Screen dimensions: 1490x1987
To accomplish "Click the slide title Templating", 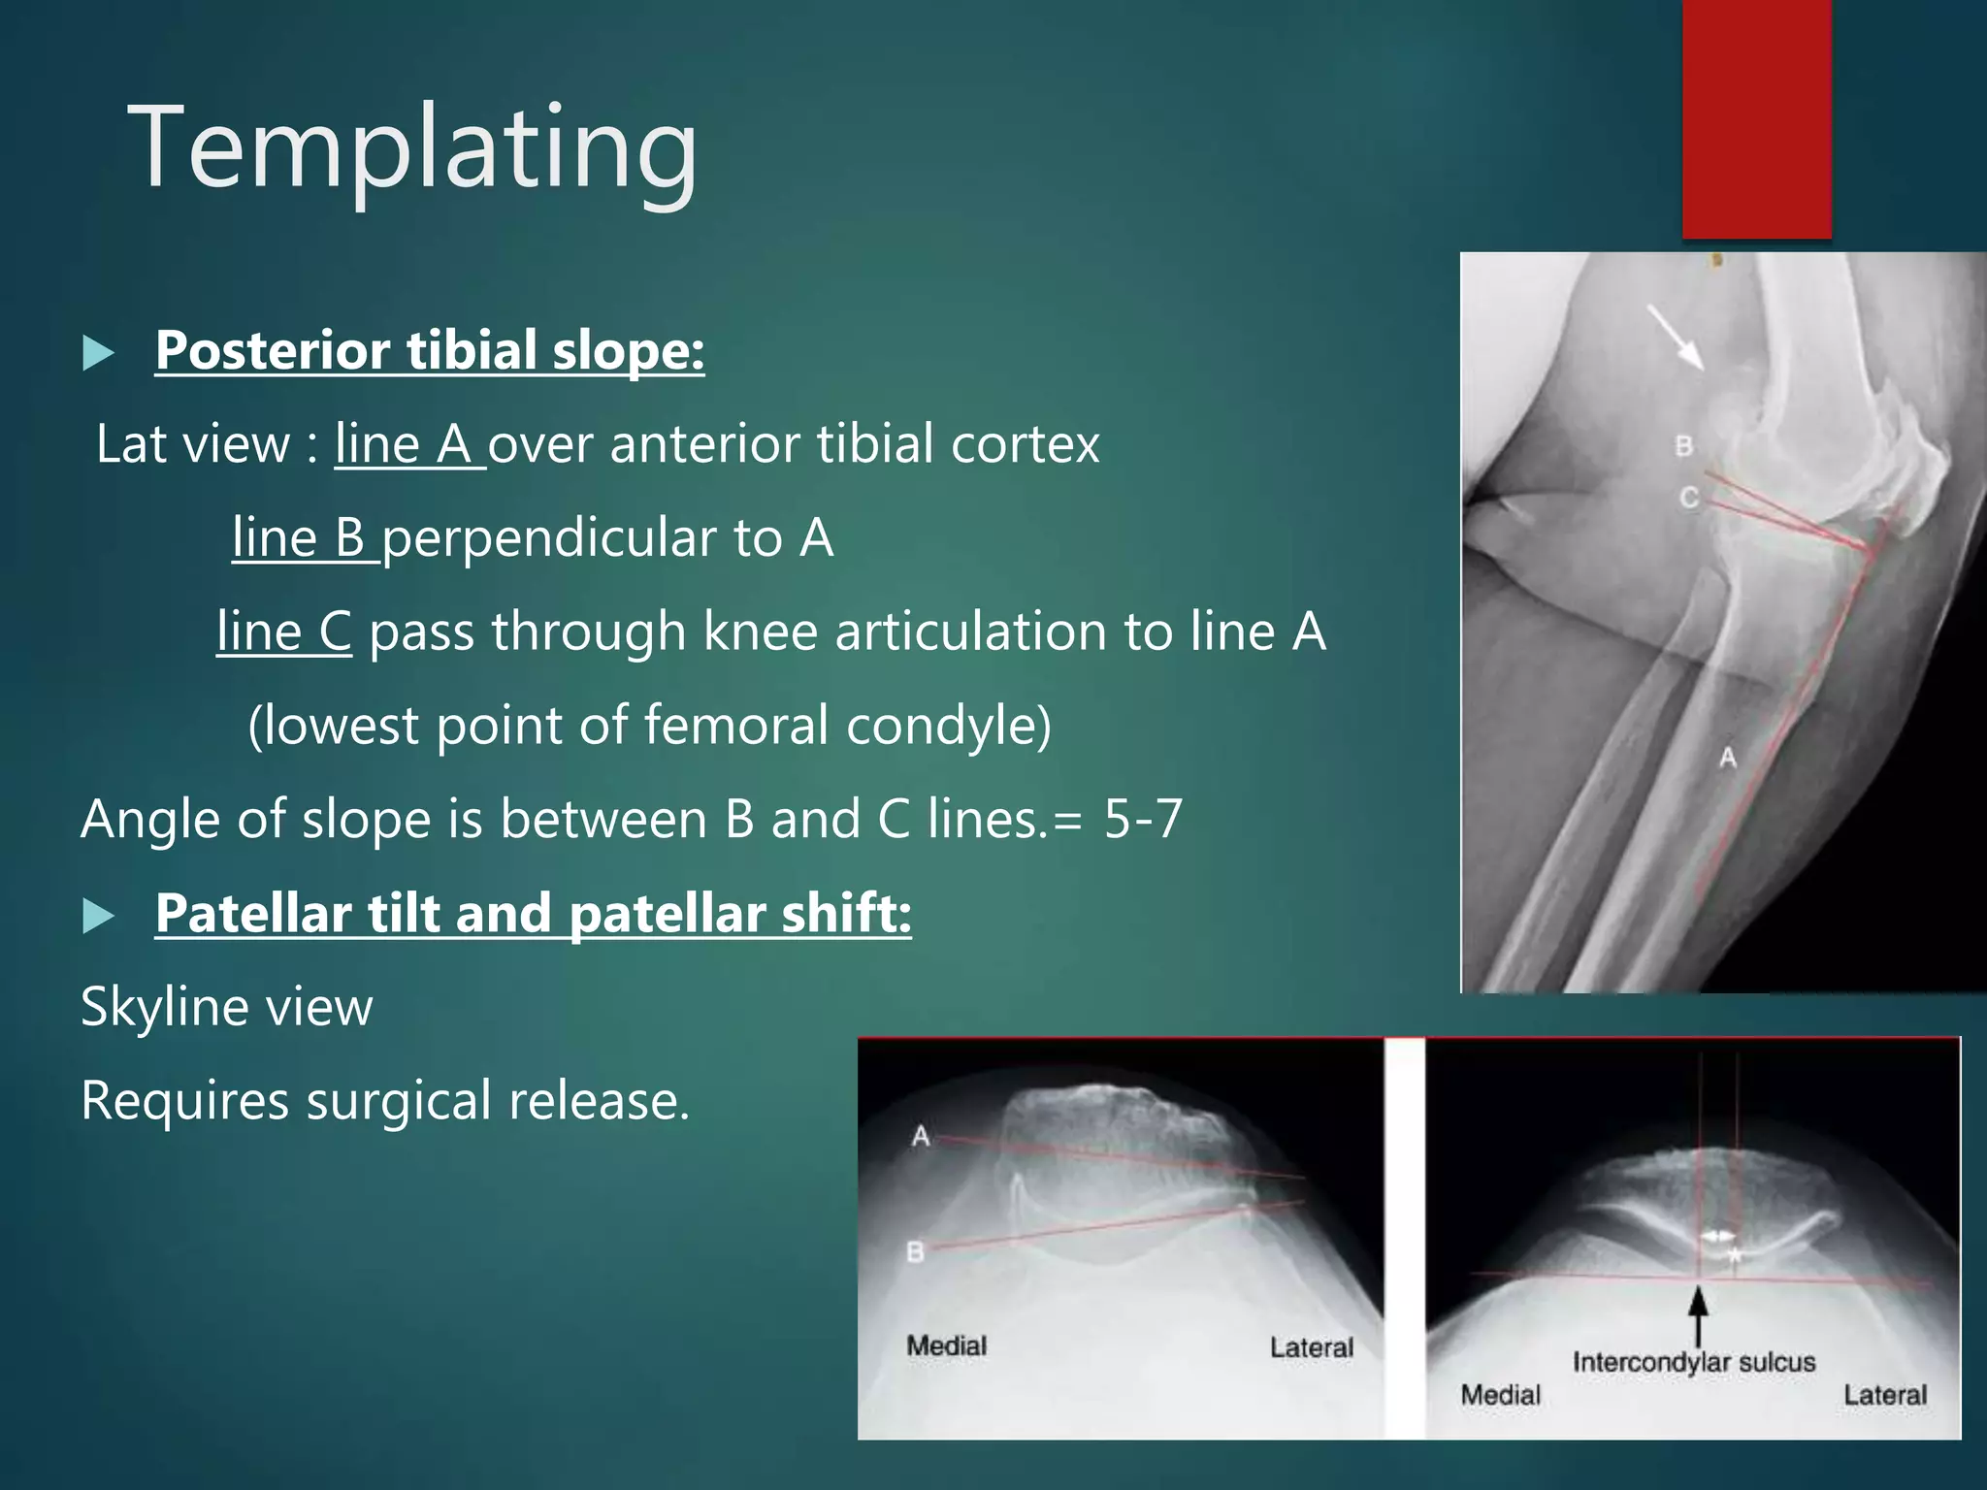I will (x=412, y=148).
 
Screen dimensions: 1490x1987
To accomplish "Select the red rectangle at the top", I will (x=1756, y=118).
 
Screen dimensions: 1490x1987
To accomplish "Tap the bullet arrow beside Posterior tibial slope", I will (x=98, y=353).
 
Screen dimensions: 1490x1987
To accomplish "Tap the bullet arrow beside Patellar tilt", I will (x=98, y=916).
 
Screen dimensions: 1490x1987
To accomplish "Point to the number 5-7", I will (x=1143, y=819).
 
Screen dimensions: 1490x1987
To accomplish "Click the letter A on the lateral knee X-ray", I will (x=1728, y=758).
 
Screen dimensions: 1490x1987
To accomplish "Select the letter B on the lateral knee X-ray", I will (x=1684, y=445).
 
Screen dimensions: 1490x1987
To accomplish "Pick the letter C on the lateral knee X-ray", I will (x=1689, y=498).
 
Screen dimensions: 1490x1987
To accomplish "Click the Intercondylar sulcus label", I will (x=1693, y=1362).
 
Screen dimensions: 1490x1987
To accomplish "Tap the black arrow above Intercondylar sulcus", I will (x=1698, y=1315).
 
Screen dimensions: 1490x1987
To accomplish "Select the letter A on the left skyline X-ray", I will (x=921, y=1135).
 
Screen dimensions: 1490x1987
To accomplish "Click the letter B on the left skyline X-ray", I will (x=915, y=1252).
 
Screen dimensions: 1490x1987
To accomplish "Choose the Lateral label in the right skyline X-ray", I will (x=1884, y=1395).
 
